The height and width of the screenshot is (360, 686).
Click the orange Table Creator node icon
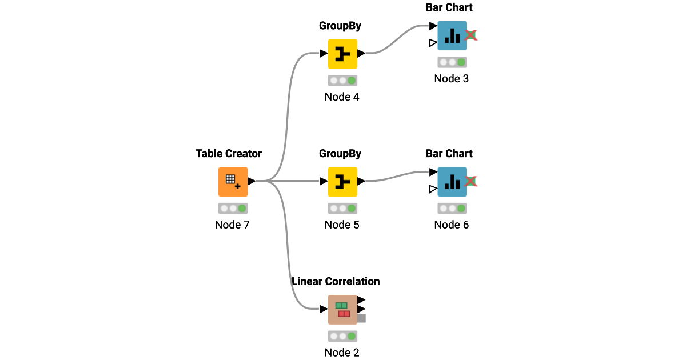point(233,182)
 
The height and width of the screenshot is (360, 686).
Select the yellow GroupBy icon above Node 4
point(342,54)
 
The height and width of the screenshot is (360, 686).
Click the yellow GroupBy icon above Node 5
point(342,182)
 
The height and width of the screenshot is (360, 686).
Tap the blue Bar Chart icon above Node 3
point(452,35)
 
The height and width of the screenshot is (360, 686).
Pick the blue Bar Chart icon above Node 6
point(452,182)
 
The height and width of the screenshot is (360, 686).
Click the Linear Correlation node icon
point(342,310)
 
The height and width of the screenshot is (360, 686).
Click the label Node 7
point(232,225)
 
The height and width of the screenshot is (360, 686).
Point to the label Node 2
point(342,353)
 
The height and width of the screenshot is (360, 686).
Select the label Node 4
point(342,97)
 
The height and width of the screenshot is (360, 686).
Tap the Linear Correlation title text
point(336,281)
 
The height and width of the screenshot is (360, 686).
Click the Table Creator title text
point(229,153)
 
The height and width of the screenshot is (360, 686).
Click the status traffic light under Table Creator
point(233,209)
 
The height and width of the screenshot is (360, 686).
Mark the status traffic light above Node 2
point(342,337)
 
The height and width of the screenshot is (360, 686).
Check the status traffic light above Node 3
point(452,62)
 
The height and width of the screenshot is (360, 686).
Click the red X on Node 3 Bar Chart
point(471,35)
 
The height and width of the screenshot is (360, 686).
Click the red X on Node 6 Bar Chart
point(471,182)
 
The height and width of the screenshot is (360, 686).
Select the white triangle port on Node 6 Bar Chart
point(433,189)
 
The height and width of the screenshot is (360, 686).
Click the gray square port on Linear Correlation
point(361,318)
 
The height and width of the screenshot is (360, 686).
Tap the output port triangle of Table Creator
point(252,181)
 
